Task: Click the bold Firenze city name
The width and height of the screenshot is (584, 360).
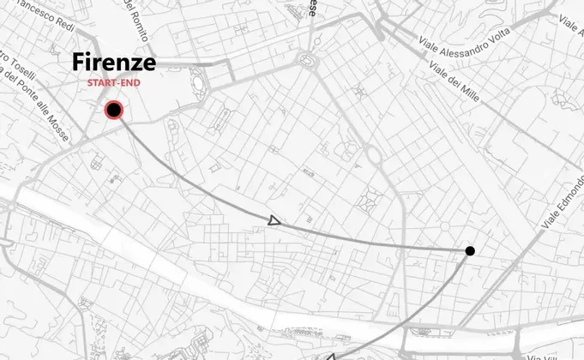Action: click(114, 63)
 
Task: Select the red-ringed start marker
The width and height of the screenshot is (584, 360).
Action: click(114, 110)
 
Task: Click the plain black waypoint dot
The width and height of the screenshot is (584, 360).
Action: click(470, 250)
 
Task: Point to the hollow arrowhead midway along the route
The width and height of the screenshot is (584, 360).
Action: click(274, 221)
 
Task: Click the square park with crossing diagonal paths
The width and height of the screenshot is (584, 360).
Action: click(372, 200)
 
